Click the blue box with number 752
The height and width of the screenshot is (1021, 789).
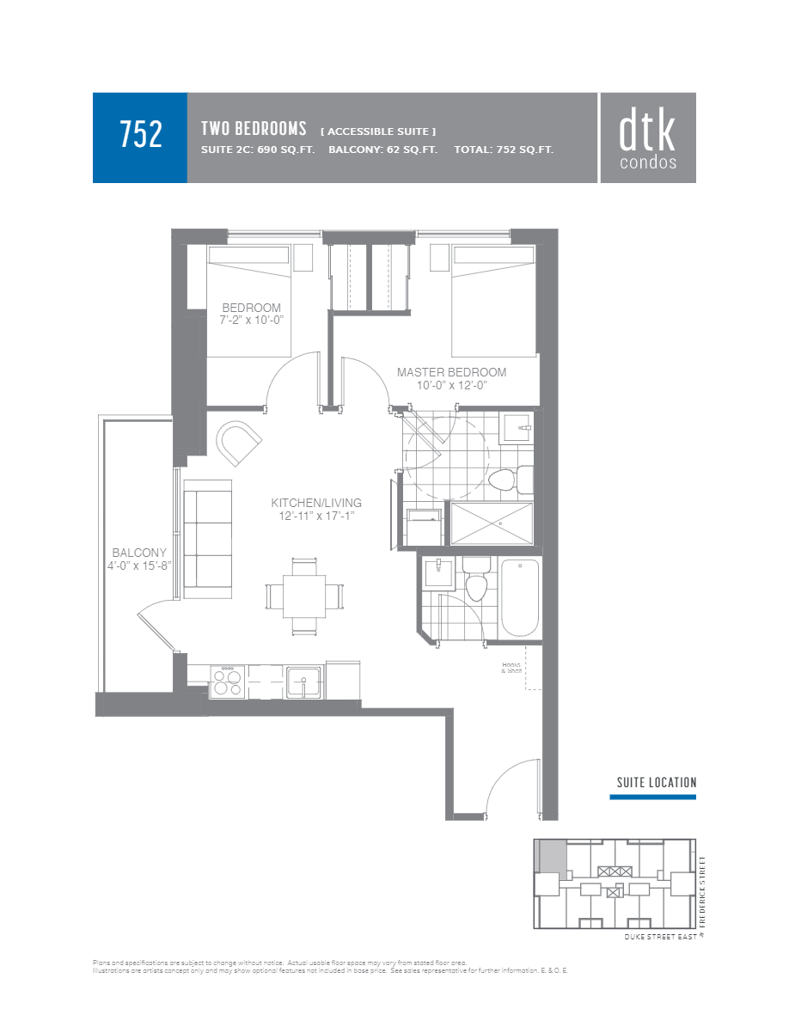coord(140,137)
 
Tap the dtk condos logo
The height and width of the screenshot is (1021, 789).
coord(647,138)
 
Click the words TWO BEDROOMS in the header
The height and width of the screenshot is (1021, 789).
coord(254,129)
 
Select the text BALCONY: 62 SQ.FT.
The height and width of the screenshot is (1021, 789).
coord(382,150)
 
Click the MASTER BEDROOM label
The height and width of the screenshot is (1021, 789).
coord(451,372)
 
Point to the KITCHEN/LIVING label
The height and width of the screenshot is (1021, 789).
coord(316,503)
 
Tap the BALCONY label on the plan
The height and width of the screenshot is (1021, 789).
coord(139,553)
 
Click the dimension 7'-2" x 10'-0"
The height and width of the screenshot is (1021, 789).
coord(251,320)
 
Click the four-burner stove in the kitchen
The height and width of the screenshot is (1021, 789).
coord(228,682)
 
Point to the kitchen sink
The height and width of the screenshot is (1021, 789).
coord(304,682)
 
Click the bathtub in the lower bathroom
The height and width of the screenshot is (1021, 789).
coord(519,598)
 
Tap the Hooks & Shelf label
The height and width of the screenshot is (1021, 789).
coord(513,667)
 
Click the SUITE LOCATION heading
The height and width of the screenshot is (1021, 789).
coord(656,782)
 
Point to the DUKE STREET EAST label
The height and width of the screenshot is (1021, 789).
coord(660,937)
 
